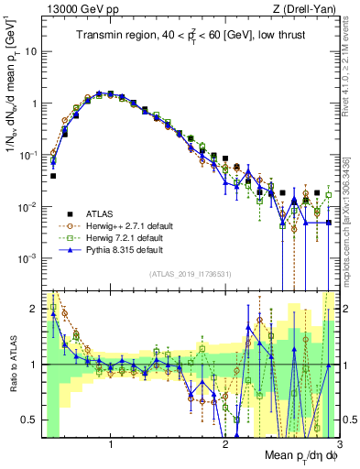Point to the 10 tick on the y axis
coord(28,51)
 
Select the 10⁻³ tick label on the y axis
coord(27,258)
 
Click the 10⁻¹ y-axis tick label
coord(27,155)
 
